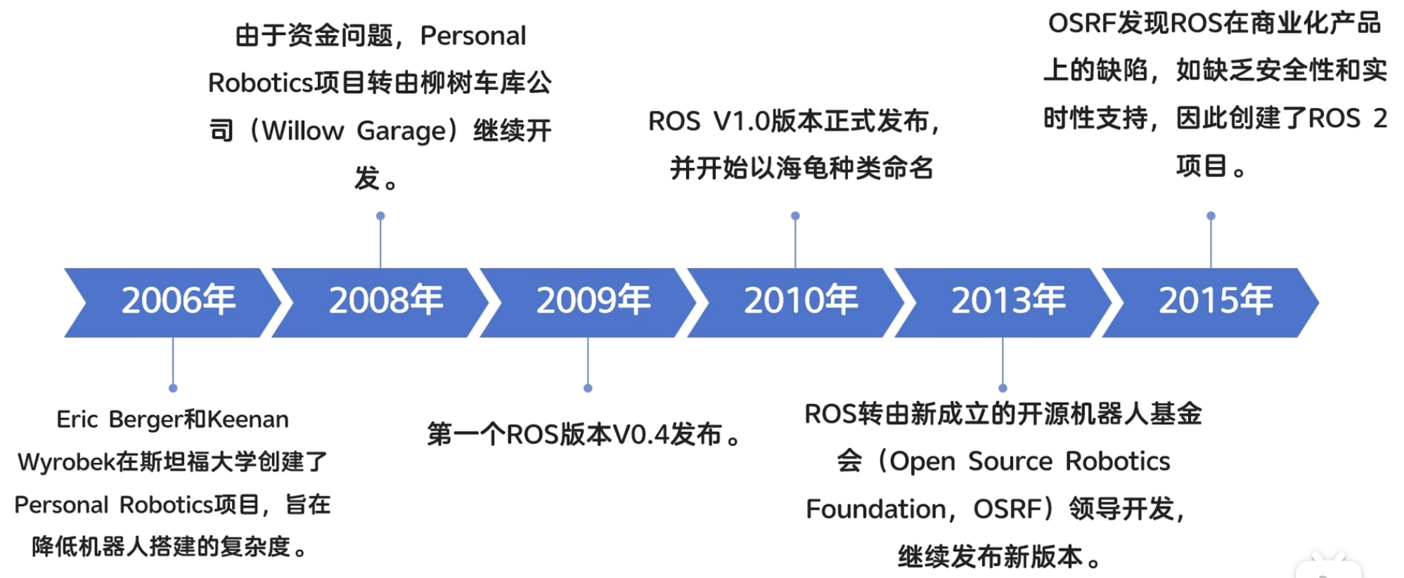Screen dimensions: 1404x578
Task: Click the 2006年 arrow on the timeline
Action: [x=173, y=303]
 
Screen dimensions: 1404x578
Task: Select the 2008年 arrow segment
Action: [x=380, y=303]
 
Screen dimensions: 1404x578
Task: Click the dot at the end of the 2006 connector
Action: [x=173, y=388]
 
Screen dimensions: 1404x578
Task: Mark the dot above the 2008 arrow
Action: [x=380, y=216]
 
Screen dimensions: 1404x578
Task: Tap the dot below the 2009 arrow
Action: [x=588, y=388]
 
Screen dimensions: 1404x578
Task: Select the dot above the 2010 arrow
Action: [x=795, y=216]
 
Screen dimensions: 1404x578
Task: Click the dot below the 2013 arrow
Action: [x=1003, y=388]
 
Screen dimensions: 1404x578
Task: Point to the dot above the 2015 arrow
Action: [x=1211, y=216]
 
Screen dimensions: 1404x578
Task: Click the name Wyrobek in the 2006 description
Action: [x=66, y=463]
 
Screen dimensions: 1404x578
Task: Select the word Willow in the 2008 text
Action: [x=303, y=131]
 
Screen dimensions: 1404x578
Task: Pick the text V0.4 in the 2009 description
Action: [x=640, y=435]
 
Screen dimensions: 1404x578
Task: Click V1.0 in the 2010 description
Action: [x=742, y=121]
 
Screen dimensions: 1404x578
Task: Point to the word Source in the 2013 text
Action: [x=1010, y=461]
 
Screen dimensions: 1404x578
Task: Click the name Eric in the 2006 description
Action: [x=77, y=420]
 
